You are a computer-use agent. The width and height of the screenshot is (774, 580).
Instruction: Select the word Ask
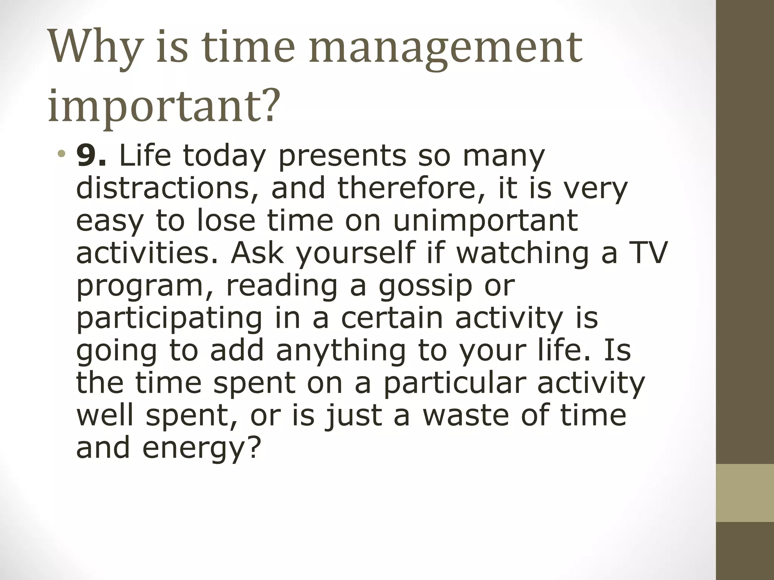pyautogui.click(x=257, y=253)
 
